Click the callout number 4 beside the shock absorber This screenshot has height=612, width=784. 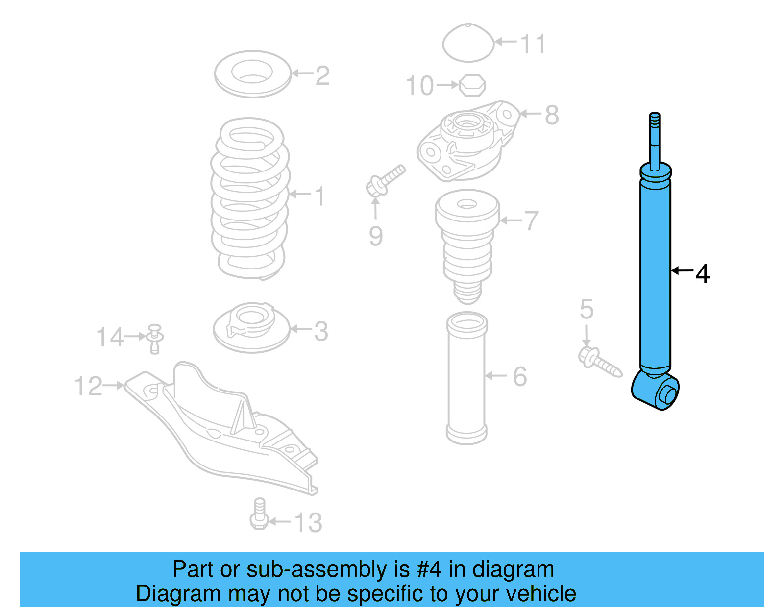(x=702, y=274)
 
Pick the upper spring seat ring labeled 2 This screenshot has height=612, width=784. (x=253, y=74)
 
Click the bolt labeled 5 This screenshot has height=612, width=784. (x=600, y=362)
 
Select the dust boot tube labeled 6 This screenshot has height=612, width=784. (x=466, y=377)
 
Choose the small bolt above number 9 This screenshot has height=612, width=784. (x=386, y=180)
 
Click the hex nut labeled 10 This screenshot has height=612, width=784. (x=472, y=86)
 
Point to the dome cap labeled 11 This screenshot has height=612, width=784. (x=468, y=43)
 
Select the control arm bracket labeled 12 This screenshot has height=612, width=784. (x=220, y=426)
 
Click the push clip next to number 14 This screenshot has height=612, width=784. (x=155, y=338)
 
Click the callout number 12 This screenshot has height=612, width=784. (x=88, y=386)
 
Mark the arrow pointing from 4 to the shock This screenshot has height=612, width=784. (x=682, y=270)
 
